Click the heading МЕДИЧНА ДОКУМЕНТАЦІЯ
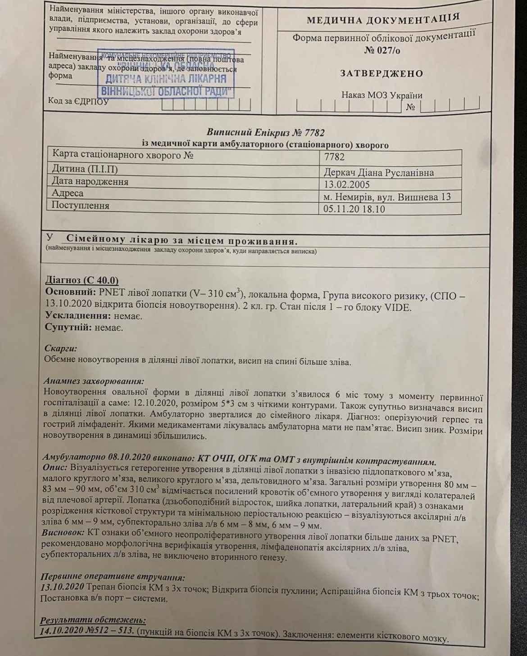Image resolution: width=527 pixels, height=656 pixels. pos(383,20)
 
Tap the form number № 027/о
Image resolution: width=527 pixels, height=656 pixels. pos(382,50)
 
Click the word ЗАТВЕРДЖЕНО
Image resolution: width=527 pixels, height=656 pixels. pos(381,73)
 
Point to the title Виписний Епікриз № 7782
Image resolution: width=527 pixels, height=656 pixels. pos(265,133)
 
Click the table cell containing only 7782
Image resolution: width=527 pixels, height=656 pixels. pos(334,157)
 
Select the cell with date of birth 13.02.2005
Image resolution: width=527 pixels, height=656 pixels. pos(347,184)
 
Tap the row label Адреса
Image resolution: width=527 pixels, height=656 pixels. pos(68,193)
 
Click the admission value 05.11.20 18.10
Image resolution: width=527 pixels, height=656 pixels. pos(354,209)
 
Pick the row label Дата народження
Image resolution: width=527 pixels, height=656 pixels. pos(90,181)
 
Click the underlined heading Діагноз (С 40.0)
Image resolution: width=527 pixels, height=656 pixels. pos(82,280)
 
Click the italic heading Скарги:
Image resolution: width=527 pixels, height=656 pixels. pos(61,348)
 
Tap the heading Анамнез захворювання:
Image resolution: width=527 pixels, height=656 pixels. pos(94,381)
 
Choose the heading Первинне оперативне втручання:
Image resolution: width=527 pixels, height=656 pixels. pos(113,577)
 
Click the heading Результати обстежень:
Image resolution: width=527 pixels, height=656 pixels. pos(93,620)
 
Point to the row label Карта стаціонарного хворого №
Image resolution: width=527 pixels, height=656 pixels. pos(123,154)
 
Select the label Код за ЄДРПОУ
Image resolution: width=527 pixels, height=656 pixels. pos(78,101)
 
